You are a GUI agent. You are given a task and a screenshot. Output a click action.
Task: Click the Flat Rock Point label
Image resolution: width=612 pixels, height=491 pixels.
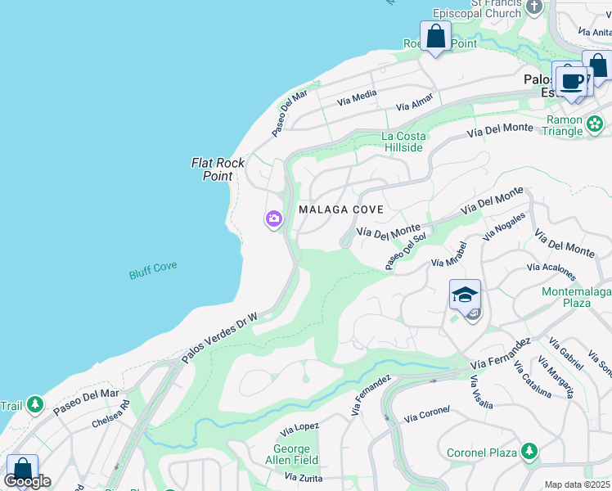[x=218, y=169]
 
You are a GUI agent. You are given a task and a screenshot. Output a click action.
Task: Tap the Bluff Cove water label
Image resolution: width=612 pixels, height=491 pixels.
[x=153, y=270]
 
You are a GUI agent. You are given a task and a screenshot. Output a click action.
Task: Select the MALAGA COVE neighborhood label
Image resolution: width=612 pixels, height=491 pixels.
[x=341, y=210]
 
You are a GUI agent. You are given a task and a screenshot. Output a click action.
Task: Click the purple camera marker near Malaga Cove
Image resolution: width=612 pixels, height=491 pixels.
[x=273, y=218]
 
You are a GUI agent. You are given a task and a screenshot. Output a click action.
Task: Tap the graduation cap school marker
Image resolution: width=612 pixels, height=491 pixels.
[x=465, y=295]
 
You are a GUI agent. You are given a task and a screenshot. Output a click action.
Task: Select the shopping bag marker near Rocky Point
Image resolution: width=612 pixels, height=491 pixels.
[x=436, y=37]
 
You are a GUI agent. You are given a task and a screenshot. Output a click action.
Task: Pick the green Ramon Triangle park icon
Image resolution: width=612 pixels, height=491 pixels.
[x=595, y=125]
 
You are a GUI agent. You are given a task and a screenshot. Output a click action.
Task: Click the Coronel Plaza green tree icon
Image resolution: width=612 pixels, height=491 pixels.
[x=529, y=452]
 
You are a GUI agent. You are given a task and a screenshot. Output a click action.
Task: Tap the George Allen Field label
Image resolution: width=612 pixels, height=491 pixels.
[x=292, y=455]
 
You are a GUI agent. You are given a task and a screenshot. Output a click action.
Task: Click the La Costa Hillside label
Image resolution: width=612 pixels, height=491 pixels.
[x=403, y=142]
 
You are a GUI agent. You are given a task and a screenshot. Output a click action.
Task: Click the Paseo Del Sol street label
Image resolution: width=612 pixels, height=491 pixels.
[x=406, y=251]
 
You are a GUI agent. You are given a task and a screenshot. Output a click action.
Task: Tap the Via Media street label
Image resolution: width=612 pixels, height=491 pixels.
[x=357, y=97]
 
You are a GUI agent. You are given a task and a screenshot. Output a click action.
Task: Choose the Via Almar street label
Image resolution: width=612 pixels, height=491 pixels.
[x=414, y=106]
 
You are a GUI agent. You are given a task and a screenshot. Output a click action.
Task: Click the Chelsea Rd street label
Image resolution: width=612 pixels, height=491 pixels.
[x=111, y=415]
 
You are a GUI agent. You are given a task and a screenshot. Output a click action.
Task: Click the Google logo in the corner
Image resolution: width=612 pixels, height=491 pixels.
[x=27, y=481]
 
